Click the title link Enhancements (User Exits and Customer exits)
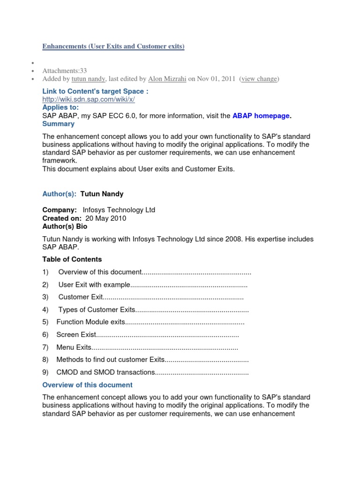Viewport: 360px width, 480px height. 113,46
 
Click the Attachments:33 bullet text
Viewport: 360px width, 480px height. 65,71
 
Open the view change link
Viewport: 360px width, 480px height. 259,79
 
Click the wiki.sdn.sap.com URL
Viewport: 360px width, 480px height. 89,99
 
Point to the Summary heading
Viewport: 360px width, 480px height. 58,124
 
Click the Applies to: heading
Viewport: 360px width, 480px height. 61,107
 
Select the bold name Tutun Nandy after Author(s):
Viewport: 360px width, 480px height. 102,194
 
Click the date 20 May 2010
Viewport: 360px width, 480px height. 105,218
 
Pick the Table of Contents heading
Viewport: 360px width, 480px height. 72,259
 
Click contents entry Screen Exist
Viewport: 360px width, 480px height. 76,335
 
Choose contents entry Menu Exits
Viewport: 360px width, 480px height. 74,347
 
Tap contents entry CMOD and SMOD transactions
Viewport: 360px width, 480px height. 105,373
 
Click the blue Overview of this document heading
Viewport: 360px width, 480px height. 87,385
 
